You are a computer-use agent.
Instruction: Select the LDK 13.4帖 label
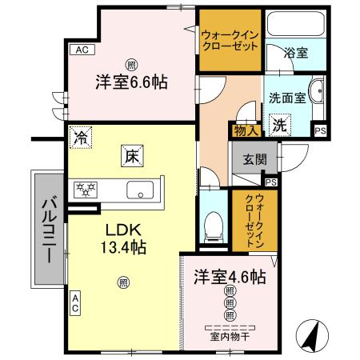(x=122, y=238)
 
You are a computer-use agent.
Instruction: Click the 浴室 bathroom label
(x=296, y=53)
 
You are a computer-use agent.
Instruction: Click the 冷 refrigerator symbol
(x=81, y=138)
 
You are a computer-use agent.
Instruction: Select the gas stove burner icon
(x=86, y=190)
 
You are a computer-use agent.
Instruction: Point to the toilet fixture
(x=214, y=224)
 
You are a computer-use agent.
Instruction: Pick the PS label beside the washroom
(x=320, y=131)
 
